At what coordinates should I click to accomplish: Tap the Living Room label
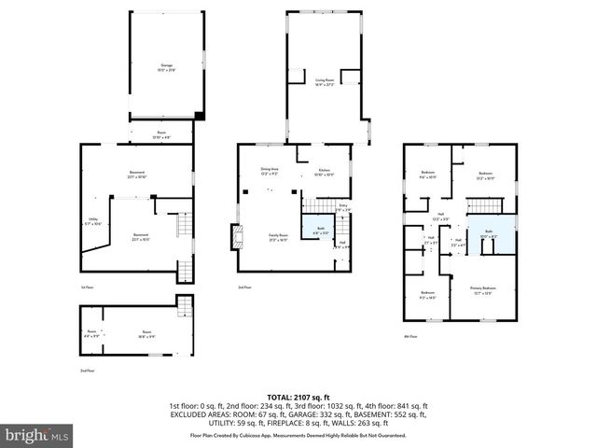[x=325, y=82]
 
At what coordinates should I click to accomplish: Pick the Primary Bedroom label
[x=482, y=290]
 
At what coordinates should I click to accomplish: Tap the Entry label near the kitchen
[x=342, y=207]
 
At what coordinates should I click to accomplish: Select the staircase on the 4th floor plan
[x=479, y=205]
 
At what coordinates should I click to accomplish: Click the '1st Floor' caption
[x=87, y=287]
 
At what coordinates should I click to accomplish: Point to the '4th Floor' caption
[x=410, y=336]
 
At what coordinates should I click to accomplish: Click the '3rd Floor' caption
[x=243, y=287]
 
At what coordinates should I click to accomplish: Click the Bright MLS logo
[x=36, y=435]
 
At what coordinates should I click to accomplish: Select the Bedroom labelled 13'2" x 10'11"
[x=485, y=175]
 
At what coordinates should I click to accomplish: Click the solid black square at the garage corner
[x=199, y=115]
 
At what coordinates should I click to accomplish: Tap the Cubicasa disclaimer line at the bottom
[x=298, y=435]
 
